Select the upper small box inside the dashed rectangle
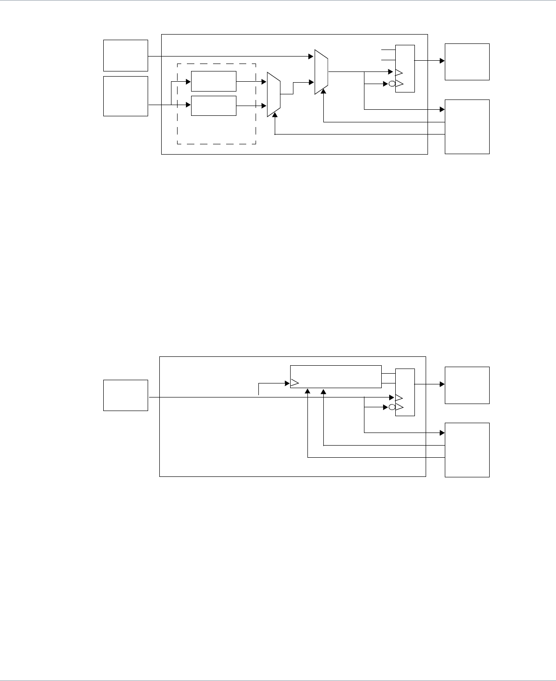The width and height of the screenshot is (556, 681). coord(214,82)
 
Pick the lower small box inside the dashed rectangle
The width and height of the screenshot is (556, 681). coord(214,106)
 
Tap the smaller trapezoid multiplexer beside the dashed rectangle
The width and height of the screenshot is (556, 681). coord(273,94)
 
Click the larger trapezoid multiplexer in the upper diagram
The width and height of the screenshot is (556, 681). coord(321,72)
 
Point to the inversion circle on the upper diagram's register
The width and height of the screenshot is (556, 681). coord(392,84)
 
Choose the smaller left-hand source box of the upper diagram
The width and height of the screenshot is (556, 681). coord(126,56)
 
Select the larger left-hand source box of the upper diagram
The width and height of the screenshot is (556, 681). coord(126,96)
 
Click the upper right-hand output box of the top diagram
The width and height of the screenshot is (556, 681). coord(467,62)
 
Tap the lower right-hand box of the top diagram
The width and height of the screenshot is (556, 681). coord(467,127)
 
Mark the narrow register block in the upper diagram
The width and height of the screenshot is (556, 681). coord(405,69)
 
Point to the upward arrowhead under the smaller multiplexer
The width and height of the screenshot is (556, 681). coord(275,115)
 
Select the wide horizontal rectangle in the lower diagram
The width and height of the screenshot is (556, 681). coord(336,376)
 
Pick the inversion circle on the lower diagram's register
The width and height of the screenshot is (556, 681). coord(392,407)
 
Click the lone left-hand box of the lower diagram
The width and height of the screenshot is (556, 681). coord(126,395)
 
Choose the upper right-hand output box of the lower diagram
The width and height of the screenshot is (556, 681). coord(467,385)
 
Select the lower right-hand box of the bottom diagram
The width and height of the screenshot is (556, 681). coord(467,450)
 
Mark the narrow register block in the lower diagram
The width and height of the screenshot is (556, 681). coord(405,392)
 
